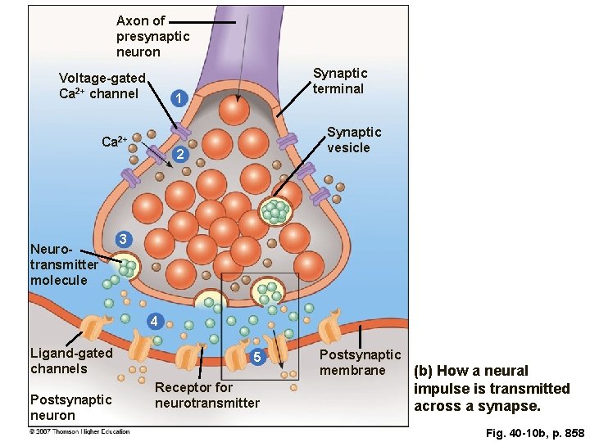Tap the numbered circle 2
pyautogui.click(x=181, y=156)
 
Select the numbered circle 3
pyautogui.click(x=122, y=239)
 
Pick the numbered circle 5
pyautogui.click(x=256, y=358)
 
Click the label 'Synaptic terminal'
pyautogui.click(x=339, y=81)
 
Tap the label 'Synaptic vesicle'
pyautogui.click(x=354, y=140)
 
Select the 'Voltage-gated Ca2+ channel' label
pyautogui.click(x=102, y=86)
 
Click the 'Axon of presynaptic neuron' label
pyautogui.click(x=152, y=36)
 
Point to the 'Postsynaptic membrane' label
pyautogui.click(x=360, y=363)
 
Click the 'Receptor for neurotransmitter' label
pyautogui.click(x=206, y=395)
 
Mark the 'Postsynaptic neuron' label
pyautogui.click(x=70, y=407)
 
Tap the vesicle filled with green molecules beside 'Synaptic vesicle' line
pyautogui.click(x=276, y=210)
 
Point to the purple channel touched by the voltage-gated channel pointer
pyautogui.click(x=180, y=131)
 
